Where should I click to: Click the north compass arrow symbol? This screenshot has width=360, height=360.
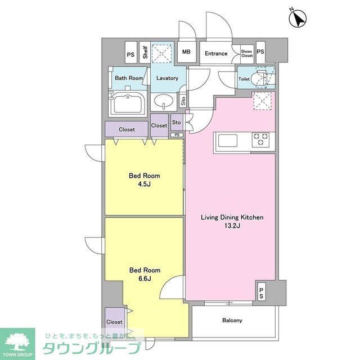[298, 19]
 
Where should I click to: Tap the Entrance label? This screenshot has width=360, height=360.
[216, 53]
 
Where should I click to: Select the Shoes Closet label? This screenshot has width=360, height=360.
[247, 53]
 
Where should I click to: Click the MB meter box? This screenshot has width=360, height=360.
[186, 52]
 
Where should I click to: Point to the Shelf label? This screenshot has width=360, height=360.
[145, 52]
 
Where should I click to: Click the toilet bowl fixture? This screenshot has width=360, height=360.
[261, 78]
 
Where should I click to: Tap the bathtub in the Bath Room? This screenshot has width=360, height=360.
[128, 104]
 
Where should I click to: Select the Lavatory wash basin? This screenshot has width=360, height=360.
[164, 101]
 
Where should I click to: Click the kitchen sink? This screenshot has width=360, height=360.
[227, 141]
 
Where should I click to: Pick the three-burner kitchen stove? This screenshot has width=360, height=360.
[260, 139]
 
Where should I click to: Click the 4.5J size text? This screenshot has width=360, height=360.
[144, 184]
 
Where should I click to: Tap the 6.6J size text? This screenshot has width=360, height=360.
[145, 278]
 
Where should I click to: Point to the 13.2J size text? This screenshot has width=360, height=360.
[232, 226]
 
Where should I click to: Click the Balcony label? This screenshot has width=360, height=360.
[232, 320]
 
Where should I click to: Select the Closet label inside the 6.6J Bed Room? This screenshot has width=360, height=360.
[114, 322]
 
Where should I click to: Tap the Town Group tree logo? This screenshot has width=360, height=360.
[17, 340]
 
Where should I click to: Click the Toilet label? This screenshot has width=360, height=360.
[244, 79]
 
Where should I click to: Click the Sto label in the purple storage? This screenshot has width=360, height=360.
[176, 123]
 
